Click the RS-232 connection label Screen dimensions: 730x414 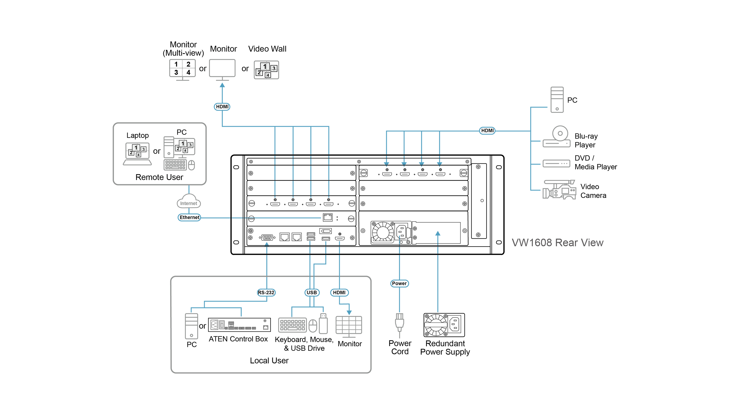tap(266, 292)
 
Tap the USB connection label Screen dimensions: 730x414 tap(312, 292)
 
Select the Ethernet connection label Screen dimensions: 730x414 tap(189, 217)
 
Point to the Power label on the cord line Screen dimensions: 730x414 tap(399, 283)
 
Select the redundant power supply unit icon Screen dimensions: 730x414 tap(444, 325)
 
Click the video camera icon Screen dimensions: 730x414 tap(559, 189)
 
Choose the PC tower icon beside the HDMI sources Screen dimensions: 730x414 tap(557, 100)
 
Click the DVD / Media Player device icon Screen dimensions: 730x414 tap(556, 163)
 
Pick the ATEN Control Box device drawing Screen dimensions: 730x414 tap(239, 325)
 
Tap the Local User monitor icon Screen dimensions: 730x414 tap(348, 326)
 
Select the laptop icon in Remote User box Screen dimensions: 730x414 tap(137, 154)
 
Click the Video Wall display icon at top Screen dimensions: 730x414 tap(266, 70)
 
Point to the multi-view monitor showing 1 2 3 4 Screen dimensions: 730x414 tap(182, 70)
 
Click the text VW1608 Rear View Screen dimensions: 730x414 tap(557, 243)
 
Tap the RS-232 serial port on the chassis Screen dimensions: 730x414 tap(267, 237)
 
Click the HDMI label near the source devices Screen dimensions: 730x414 tap(487, 131)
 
